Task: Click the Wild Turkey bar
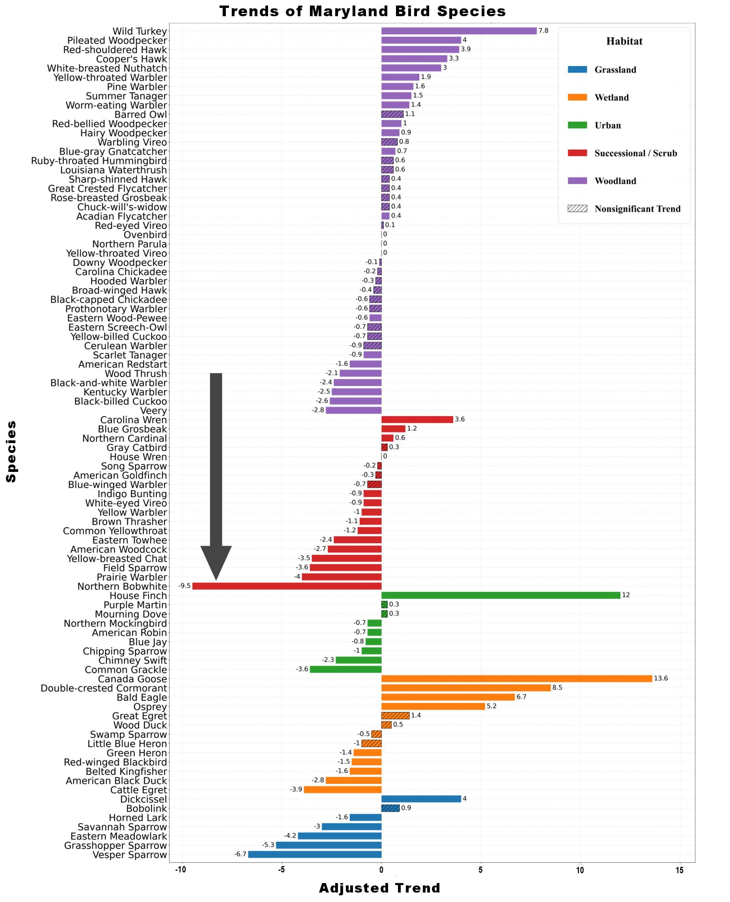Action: click(459, 31)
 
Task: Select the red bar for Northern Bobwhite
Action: click(287, 586)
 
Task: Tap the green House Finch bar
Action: click(500, 595)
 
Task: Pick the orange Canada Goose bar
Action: click(516, 678)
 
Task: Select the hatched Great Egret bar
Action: click(395, 715)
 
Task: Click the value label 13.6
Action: click(661, 678)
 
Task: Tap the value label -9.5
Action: click(185, 586)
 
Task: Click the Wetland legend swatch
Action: click(577, 97)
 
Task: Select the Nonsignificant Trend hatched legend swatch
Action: click(577, 208)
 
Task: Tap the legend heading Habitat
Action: click(624, 41)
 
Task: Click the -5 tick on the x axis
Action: click(281, 870)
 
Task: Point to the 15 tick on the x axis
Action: click(679, 870)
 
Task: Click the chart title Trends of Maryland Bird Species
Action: click(362, 11)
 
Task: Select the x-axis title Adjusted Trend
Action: click(379, 888)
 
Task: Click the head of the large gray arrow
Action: click(216, 561)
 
